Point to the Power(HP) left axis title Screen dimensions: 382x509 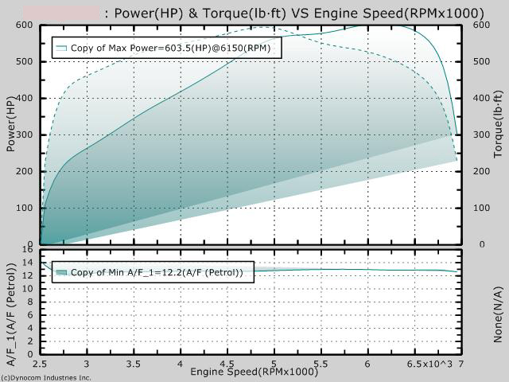click(10, 123)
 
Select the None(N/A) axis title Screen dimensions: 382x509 click(499, 315)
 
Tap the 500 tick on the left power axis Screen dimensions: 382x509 click(26, 62)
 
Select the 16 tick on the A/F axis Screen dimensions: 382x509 click(29, 251)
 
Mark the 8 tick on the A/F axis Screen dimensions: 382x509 click(30, 302)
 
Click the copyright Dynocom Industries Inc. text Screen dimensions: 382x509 click(46, 378)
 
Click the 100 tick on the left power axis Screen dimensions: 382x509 click(26, 209)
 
